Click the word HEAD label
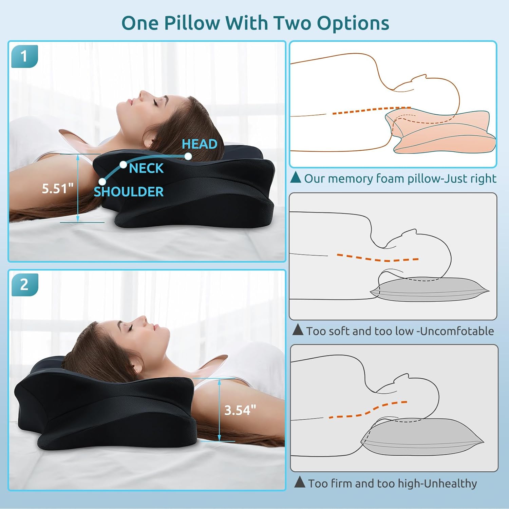200,144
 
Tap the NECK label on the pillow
146,168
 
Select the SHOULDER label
129,192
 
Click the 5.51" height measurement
58,189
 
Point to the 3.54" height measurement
240,410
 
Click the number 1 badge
24,56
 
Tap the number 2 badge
24,285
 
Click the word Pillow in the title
192,24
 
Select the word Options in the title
353,24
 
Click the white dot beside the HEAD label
188,156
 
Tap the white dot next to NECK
123,165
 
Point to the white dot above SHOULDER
102,182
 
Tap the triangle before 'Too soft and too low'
298,329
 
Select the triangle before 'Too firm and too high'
300,482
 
